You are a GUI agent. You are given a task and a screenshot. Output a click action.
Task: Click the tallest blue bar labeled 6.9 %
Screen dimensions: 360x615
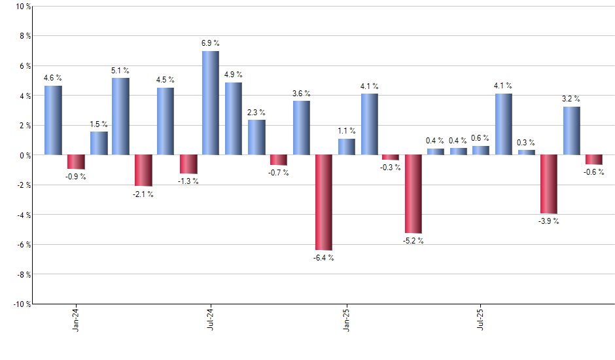coord(211,103)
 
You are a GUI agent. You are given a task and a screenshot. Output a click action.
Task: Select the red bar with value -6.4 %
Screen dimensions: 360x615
coord(323,202)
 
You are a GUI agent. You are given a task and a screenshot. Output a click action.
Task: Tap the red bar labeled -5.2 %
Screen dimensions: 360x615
coord(413,194)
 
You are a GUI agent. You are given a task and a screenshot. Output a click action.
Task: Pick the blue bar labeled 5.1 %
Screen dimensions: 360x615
coord(120,117)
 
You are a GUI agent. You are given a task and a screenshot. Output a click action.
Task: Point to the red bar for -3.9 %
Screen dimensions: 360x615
coord(549,184)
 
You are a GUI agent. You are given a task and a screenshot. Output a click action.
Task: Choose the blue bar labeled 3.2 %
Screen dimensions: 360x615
coord(571,131)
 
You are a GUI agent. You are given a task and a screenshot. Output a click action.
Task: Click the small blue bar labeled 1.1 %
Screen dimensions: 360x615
coord(346,147)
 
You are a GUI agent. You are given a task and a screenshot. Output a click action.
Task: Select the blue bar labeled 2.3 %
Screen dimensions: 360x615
coord(256,137)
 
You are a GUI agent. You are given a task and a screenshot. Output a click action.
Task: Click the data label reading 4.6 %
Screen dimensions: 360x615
coord(53,79)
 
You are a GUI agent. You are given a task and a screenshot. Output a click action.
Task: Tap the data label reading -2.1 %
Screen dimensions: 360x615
coord(143,194)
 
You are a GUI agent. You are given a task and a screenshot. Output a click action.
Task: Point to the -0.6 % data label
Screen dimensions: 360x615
coord(594,173)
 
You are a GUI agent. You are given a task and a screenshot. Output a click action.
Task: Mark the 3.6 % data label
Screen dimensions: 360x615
coord(301,94)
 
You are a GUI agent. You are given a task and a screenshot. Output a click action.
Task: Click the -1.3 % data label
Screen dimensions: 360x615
coord(188,182)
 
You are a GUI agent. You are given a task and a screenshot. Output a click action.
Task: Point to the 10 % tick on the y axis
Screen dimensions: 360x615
coord(22,7)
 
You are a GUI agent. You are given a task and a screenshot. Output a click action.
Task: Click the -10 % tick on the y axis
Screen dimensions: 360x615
coord(21,304)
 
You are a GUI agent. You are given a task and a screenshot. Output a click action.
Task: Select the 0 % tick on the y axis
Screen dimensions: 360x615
coord(24,155)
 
